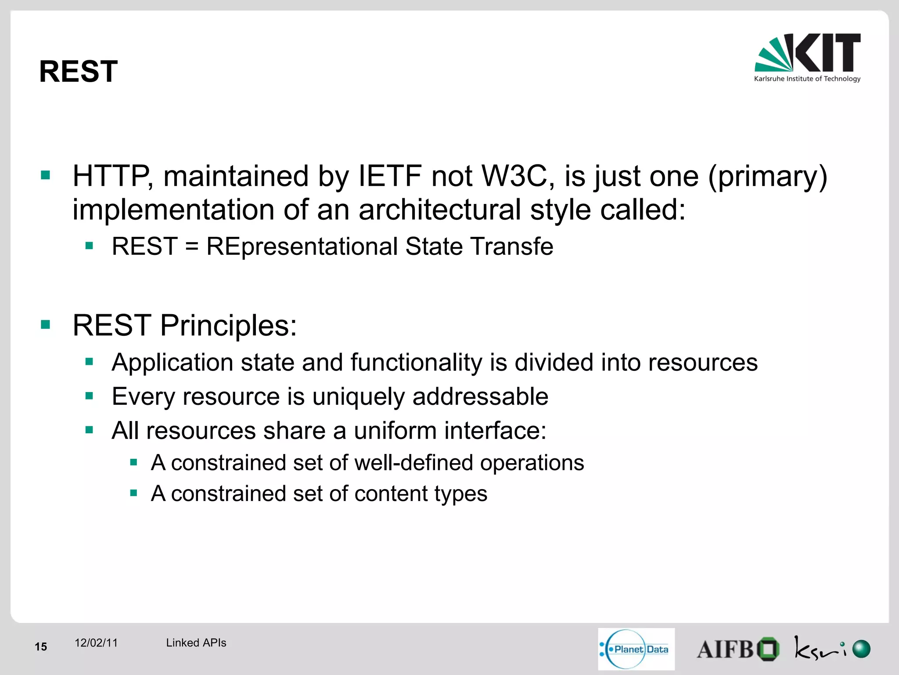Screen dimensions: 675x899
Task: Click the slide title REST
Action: click(78, 72)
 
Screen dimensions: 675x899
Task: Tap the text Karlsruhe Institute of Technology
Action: click(807, 79)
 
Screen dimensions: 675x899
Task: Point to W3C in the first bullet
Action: click(514, 177)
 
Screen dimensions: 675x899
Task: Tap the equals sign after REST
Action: click(192, 247)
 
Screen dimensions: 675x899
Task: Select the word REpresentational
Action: click(302, 247)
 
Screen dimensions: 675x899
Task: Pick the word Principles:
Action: click(228, 326)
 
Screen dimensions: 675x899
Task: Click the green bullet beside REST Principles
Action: click(46, 325)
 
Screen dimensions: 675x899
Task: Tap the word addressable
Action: click(480, 397)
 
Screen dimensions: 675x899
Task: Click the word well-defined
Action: click(414, 463)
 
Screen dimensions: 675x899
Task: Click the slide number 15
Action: click(41, 647)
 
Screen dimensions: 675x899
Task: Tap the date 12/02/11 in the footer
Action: click(96, 643)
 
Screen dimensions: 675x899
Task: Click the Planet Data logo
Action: click(636, 649)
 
